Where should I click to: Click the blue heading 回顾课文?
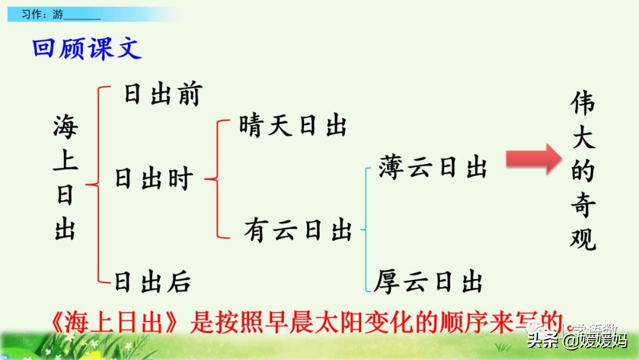tap(87, 49)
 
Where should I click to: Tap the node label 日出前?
tap(163, 95)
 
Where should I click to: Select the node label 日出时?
tap(154, 178)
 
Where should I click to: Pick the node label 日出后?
tap(153, 281)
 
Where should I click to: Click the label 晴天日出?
tap(293, 126)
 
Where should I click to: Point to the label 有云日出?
tap(298, 230)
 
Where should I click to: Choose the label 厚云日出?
tap(429, 281)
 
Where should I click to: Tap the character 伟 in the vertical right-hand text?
tap(583, 104)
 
